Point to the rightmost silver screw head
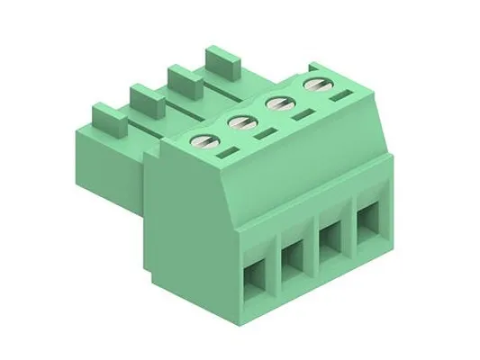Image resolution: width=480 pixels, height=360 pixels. coord(314,85)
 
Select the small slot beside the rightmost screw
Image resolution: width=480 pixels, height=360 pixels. coord(340,95)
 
